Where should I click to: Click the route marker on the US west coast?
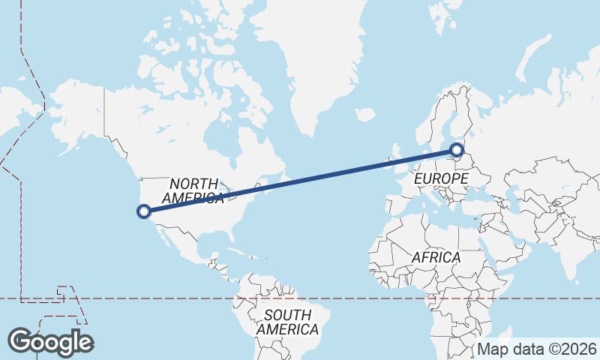pos(144,211)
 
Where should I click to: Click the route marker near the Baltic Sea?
pos(455,150)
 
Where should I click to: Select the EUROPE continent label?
pos(441,179)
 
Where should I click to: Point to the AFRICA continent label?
pos(436,257)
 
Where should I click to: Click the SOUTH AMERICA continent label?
pos(286,322)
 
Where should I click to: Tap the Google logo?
pos(50,341)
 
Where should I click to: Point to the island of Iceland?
pos(365,115)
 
